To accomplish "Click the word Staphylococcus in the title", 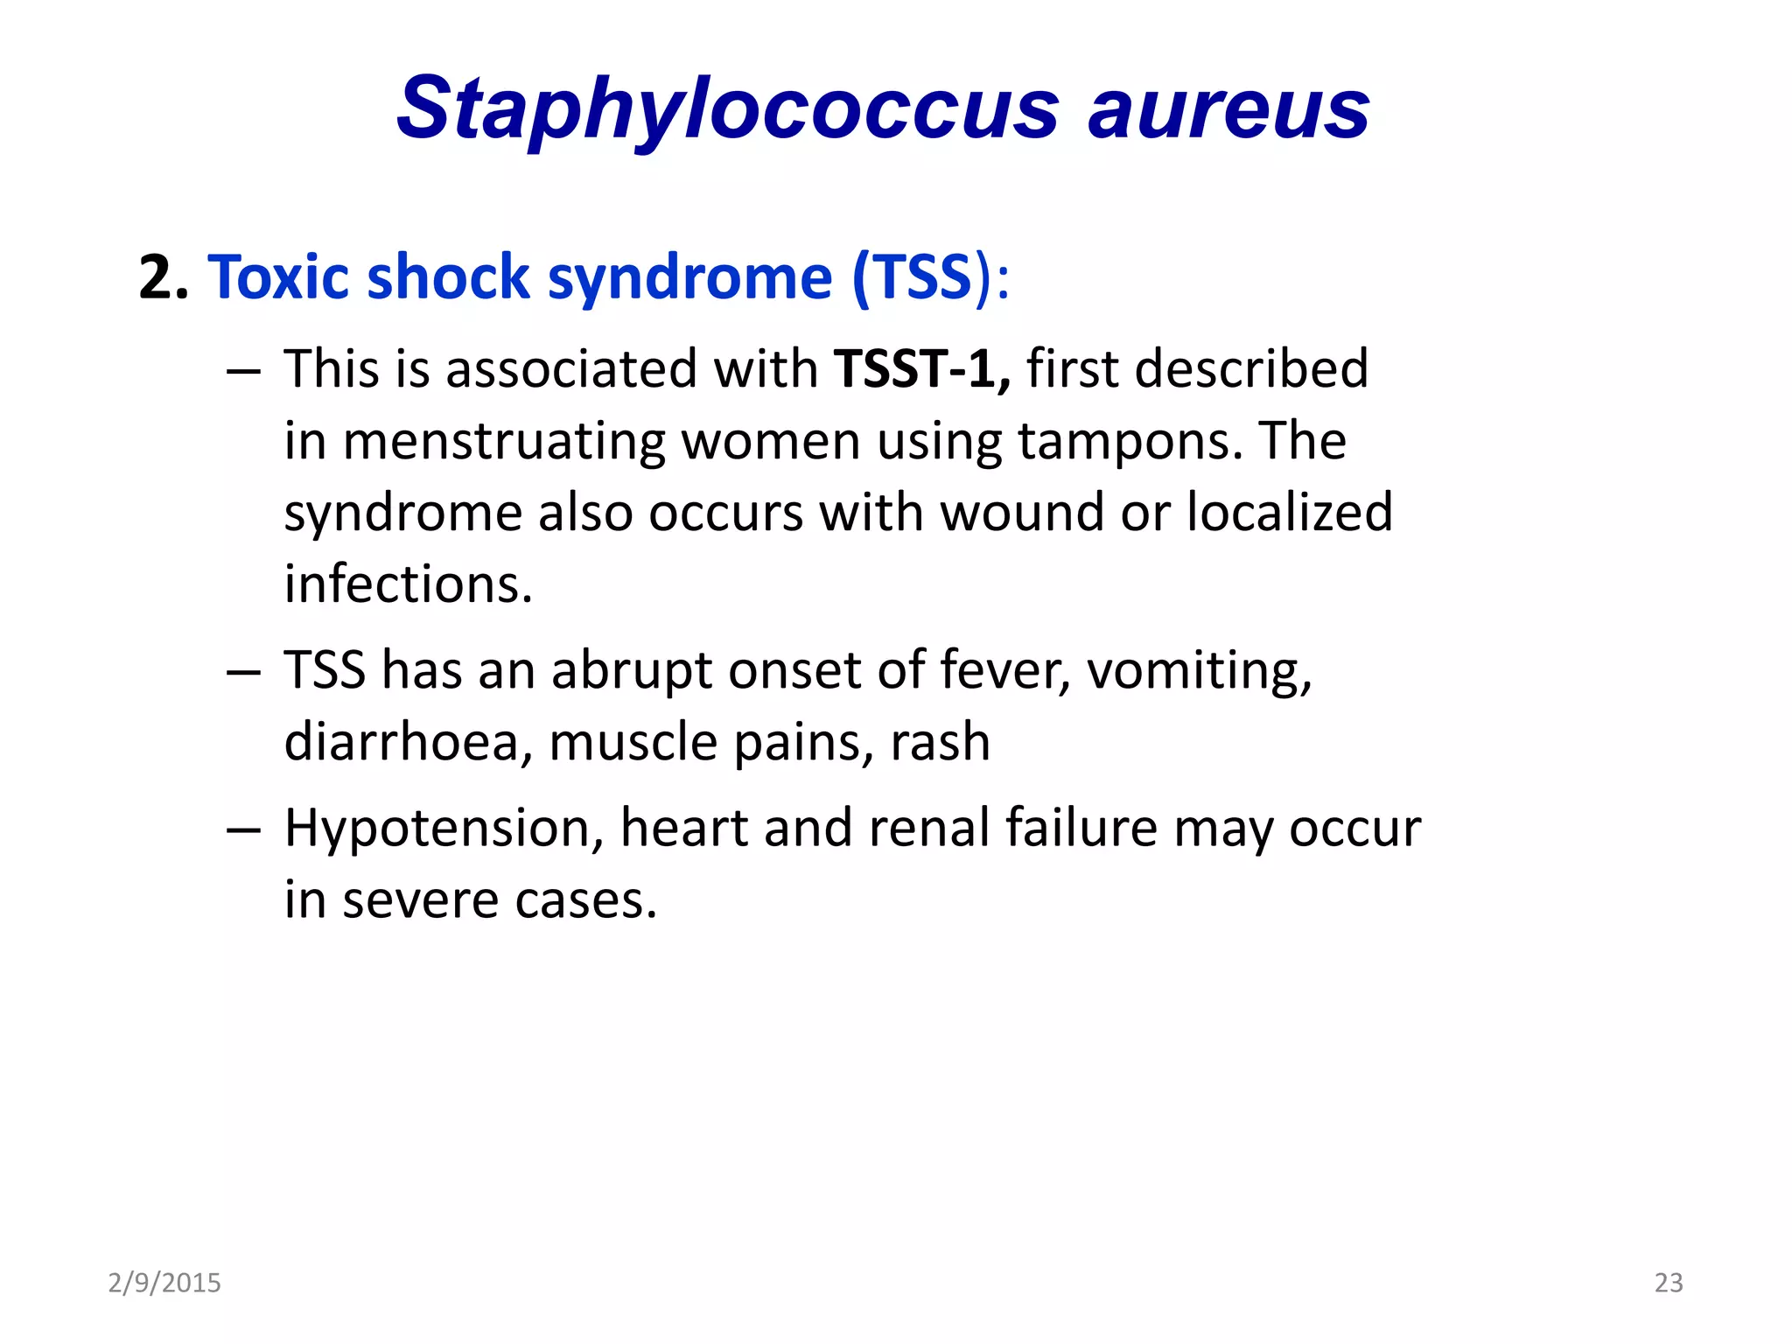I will click(x=726, y=108).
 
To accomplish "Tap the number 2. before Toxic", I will click(x=164, y=278).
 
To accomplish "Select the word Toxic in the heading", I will click(x=281, y=278).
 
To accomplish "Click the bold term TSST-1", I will click(x=921, y=368).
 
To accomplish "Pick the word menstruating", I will click(x=503, y=441).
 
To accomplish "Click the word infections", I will click(x=408, y=584).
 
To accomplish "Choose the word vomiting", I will click(x=1199, y=671).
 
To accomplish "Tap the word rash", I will click(x=940, y=743).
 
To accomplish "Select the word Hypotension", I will click(x=444, y=829).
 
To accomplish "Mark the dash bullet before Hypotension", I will click(x=243, y=829).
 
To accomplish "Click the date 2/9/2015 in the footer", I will click(x=164, y=1283).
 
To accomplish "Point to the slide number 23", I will click(x=1669, y=1283).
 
